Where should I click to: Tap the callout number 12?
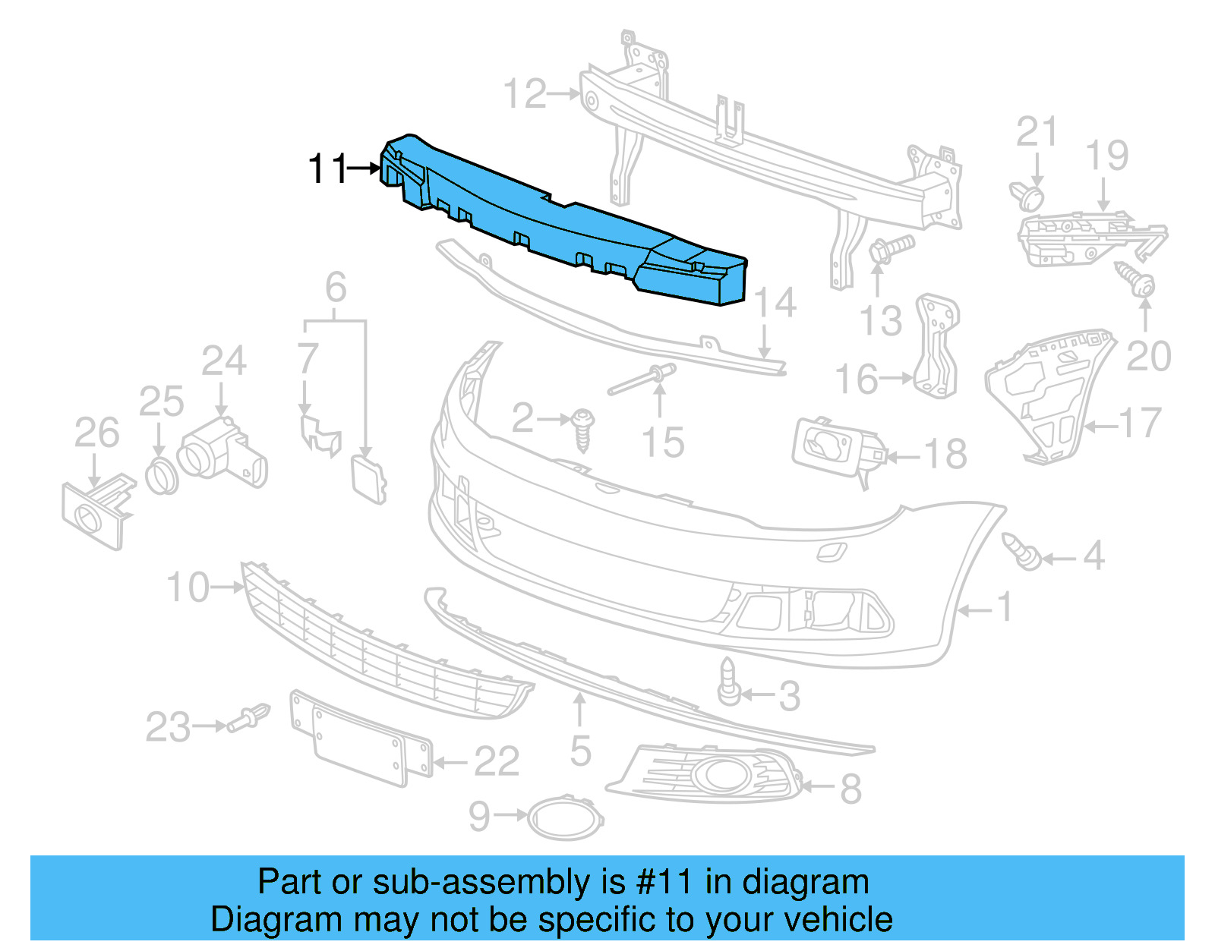[525, 94]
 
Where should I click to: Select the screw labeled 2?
[583, 430]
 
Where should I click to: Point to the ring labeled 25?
[161, 476]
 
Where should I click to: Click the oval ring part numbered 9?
[565, 817]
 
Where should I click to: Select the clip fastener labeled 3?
[728, 682]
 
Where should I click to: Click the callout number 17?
[1141, 424]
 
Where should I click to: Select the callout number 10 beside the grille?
[188, 587]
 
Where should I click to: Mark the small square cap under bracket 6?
[368, 478]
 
